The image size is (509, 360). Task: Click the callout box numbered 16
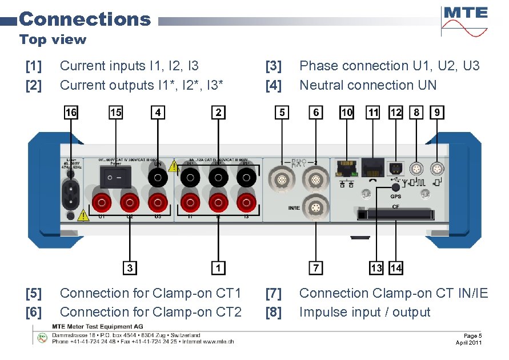click(x=70, y=113)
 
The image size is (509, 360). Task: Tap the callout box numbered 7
click(x=315, y=267)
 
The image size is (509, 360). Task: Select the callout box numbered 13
click(x=376, y=267)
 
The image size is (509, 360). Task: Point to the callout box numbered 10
click(x=346, y=113)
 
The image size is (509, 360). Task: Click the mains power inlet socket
click(x=70, y=194)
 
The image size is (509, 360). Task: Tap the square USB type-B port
click(x=395, y=167)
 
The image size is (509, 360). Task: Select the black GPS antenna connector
click(x=395, y=187)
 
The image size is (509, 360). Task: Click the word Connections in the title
click(x=85, y=19)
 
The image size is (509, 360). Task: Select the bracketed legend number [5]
click(x=34, y=294)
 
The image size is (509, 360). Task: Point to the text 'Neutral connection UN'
click(x=367, y=86)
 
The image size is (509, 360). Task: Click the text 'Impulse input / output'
click(x=364, y=313)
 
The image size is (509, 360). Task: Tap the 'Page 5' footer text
click(x=473, y=335)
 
